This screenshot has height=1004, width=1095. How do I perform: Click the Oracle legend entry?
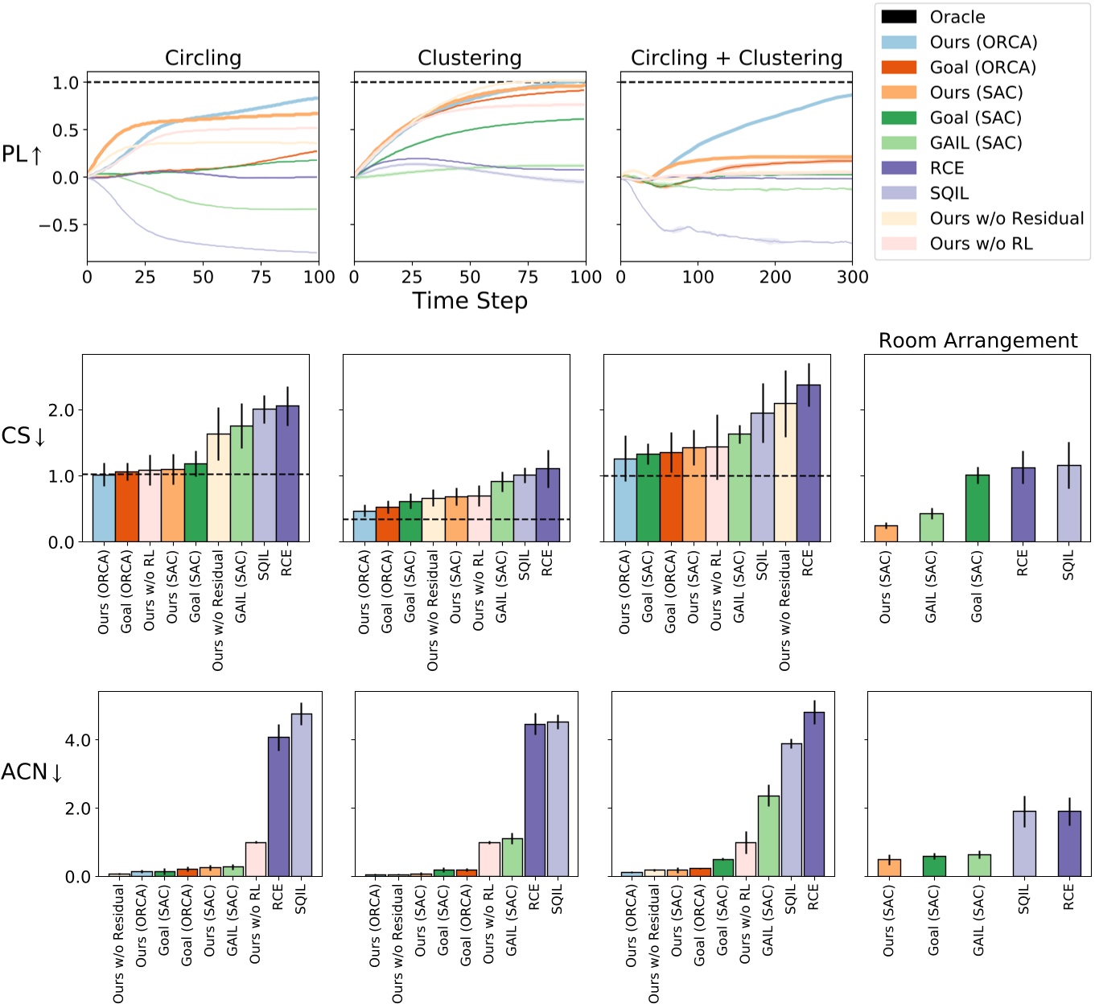(957, 17)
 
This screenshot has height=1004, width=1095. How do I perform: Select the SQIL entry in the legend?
(949, 193)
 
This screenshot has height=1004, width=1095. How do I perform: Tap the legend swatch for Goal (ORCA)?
(899, 68)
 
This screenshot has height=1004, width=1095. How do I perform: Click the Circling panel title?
(203, 58)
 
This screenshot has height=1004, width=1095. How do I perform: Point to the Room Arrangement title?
(978, 340)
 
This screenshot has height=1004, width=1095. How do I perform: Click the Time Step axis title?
(470, 301)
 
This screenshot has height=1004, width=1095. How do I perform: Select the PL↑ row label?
(22, 154)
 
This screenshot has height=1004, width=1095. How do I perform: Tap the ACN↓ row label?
(31, 772)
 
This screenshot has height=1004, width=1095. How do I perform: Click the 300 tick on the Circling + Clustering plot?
(852, 278)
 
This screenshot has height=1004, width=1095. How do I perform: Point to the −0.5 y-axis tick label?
(58, 225)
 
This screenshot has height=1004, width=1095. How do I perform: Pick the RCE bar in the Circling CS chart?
(287, 474)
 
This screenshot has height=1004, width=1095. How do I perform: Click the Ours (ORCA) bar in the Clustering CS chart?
(364, 526)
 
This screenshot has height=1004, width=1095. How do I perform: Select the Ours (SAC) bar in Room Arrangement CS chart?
(886, 533)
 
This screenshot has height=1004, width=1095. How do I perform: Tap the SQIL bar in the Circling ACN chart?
(302, 795)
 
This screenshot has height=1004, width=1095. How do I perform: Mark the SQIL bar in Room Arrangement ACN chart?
(1024, 843)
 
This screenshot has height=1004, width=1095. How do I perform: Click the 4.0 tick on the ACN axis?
(77, 740)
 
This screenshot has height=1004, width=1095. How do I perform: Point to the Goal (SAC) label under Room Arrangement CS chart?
(977, 586)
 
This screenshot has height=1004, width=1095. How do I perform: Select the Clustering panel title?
(469, 58)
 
